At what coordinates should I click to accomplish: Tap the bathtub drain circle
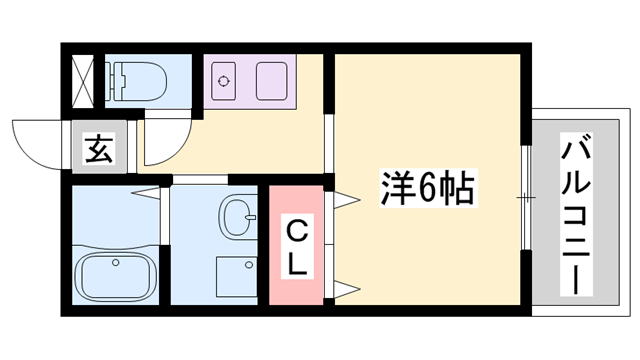point(116,263)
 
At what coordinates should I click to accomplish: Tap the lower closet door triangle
point(344,290)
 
